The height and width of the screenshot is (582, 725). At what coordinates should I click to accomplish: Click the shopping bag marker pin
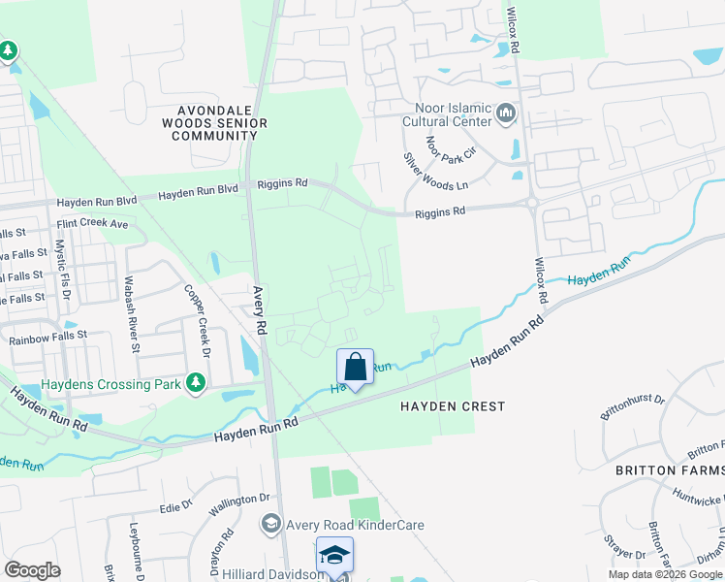pyautogui.click(x=355, y=368)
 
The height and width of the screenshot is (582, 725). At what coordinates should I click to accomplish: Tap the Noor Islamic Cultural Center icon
pyautogui.click(x=505, y=114)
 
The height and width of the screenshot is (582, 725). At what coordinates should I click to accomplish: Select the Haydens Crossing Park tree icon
pyautogui.click(x=197, y=383)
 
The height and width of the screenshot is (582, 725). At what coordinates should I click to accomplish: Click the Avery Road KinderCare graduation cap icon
pyautogui.click(x=271, y=525)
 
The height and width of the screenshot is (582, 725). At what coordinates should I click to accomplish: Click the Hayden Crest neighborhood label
pyautogui.click(x=453, y=406)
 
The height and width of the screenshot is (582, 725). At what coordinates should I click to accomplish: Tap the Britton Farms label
pyautogui.click(x=670, y=470)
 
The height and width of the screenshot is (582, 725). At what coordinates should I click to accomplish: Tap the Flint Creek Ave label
pyautogui.click(x=92, y=223)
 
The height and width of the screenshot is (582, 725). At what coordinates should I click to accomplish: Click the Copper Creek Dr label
pyautogui.click(x=203, y=311)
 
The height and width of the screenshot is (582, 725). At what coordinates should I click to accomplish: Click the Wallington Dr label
pyautogui.click(x=237, y=499)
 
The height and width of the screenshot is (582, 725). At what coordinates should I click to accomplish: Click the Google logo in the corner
pyautogui.click(x=32, y=570)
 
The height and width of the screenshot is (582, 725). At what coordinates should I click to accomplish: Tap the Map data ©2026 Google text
pyautogui.click(x=665, y=574)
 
